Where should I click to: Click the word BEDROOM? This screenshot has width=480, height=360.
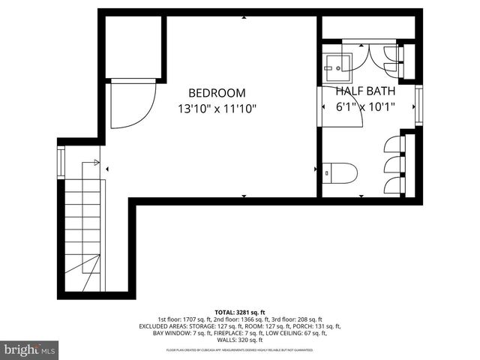217,93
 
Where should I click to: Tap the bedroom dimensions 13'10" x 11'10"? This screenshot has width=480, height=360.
217,108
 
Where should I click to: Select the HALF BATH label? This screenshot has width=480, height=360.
366,91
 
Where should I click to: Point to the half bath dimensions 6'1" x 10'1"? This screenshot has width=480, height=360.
366,106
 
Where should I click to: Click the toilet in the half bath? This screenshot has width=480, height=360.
340,172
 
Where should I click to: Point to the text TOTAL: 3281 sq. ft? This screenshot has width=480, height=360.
240,311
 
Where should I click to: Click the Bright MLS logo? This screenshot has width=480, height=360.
30,349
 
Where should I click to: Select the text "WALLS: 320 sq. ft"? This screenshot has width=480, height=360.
240,340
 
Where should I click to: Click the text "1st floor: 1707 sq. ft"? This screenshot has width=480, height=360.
183,319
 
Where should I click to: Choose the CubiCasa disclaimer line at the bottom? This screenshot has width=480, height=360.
240,349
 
